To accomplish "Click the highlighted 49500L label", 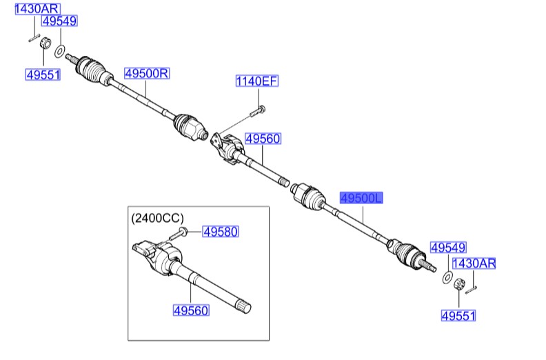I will (361, 199).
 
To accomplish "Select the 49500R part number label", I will (146, 72).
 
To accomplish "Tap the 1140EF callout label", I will (256, 81).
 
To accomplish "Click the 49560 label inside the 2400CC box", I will (190, 311).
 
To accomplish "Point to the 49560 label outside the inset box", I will (263, 139).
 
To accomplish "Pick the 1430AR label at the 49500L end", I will (473, 263).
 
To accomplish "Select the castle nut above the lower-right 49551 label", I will (458, 283).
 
